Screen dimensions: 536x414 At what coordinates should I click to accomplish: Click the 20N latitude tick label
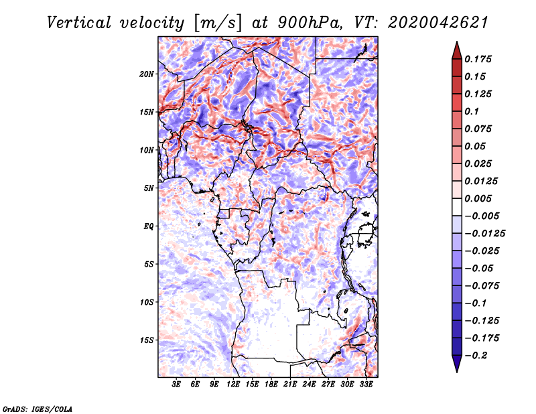pos(147,74)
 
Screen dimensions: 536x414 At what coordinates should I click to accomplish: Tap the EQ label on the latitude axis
pos(148,226)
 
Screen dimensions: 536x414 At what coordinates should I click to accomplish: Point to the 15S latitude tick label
pos(147,340)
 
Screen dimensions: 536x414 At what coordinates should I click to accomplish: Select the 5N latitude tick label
pos(149,188)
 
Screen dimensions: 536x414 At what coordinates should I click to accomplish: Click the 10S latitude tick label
pos(147,302)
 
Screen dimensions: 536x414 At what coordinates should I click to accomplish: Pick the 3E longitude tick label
pos(176,385)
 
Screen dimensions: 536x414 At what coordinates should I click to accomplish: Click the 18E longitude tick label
pos(271,385)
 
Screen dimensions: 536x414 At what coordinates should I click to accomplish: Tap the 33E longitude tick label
pos(366,385)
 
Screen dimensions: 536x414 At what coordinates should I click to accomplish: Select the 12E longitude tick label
pos(233,385)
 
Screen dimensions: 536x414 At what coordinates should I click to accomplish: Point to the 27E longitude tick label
pos(328,385)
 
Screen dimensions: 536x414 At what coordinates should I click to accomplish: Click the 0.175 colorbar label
pos(478,59)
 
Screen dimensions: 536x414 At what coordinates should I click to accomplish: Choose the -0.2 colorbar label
pos(476,356)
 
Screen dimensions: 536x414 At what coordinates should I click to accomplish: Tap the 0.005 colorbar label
pos(478,198)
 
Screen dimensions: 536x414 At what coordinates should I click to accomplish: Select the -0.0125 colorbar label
pos(485,234)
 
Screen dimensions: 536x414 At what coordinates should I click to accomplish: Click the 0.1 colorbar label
pos(472,111)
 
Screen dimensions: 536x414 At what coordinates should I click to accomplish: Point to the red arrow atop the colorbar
pos(457,51)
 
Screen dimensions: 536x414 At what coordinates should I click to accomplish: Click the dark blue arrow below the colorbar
pos(457,364)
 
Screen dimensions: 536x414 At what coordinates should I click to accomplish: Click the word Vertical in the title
pos(79,23)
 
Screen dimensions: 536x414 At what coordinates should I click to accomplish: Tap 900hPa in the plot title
pos(310,23)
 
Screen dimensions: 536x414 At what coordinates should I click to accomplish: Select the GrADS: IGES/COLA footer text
pos(38,409)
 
